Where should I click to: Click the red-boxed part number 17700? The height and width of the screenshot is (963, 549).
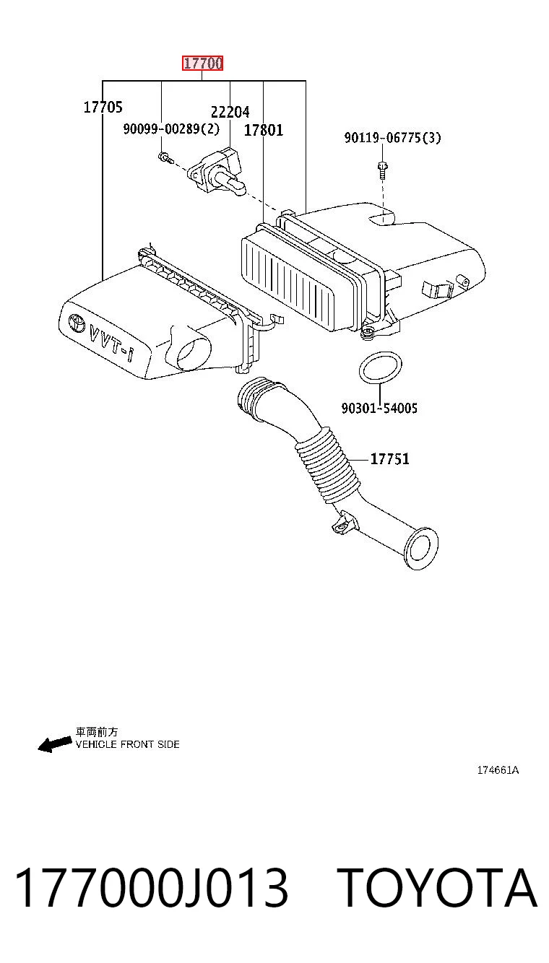click(202, 64)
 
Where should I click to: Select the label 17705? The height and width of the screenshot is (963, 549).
click(103, 107)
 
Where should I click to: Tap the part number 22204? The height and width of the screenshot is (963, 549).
click(230, 112)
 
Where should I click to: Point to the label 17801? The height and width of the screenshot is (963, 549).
click(264, 130)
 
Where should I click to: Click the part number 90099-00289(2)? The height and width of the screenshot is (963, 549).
click(171, 128)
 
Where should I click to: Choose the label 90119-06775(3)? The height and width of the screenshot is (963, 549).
click(392, 138)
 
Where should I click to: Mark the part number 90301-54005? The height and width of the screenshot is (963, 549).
click(379, 408)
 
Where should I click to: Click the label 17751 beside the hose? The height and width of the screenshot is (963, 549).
click(390, 458)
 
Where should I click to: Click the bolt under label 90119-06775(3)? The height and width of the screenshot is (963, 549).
click(382, 170)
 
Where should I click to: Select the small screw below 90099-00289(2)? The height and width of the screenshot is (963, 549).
click(165, 157)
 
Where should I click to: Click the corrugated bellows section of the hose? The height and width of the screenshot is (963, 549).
click(327, 465)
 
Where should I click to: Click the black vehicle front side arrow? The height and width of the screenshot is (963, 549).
click(55, 744)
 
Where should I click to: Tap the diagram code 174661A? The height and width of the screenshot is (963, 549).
click(498, 770)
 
